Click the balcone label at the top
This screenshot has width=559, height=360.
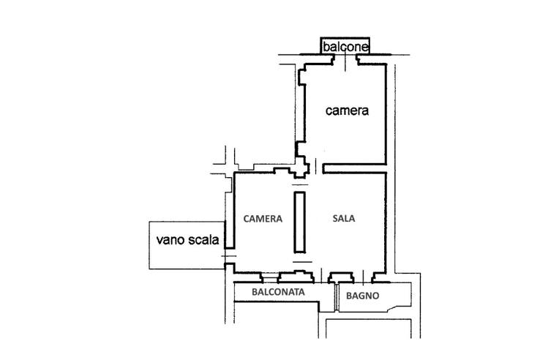click(346, 48)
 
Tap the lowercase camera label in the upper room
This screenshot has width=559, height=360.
click(347, 112)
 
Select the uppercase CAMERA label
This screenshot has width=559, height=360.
click(263, 218)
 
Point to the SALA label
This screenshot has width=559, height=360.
click(345, 218)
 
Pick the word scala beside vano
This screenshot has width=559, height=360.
click(201, 239)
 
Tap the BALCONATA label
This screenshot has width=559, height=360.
click(278, 293)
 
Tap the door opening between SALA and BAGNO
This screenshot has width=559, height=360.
click(361, 279)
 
